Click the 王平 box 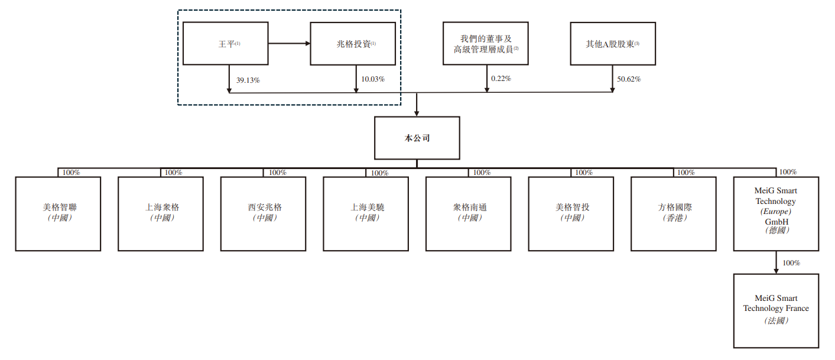[226, 43]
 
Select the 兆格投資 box [353, 43]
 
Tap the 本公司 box [417, 138]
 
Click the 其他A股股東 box [613, 43]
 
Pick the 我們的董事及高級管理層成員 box [486, 43]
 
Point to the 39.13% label [248, 80]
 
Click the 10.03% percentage [373, 79]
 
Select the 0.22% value [501, 79]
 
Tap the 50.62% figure [629, 79]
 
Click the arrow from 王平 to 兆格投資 [290, 43]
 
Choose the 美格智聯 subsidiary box [58, 213]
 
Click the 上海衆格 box [161, 213]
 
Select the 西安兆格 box [263, 213]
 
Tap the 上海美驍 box [366, 213]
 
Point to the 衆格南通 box [469, 213]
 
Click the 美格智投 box [571, 213]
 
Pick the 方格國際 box [674, 213]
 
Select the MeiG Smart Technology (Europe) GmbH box [776, 213]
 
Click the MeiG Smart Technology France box [776, 310]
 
